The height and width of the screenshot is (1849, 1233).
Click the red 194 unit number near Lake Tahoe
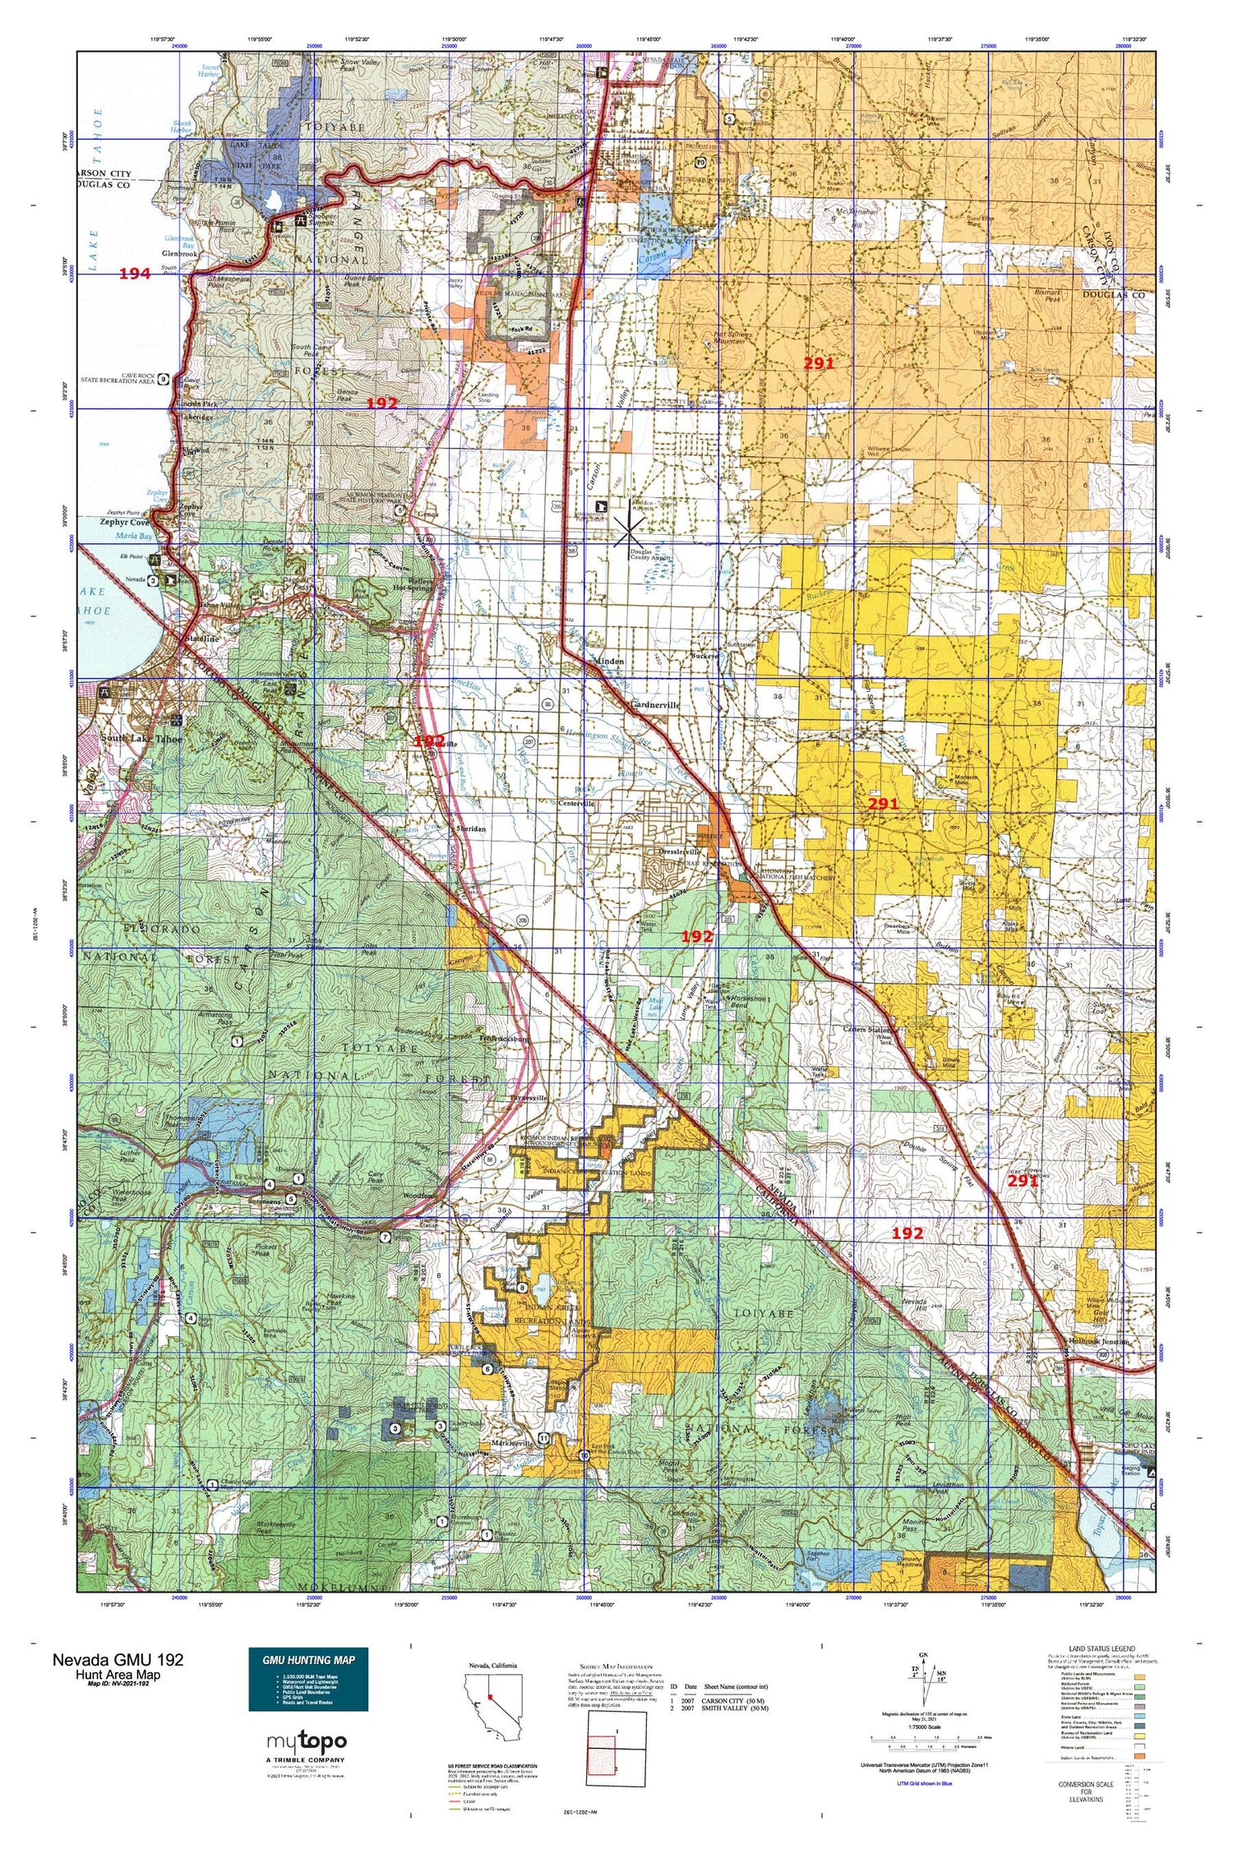point(135,274)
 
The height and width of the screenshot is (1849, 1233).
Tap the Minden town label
point(607,661)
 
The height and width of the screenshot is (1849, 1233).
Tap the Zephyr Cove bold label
point(125,522)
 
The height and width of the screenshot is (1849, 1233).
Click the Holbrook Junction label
point(1097,1342)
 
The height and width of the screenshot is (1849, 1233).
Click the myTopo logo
point(307,1741)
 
